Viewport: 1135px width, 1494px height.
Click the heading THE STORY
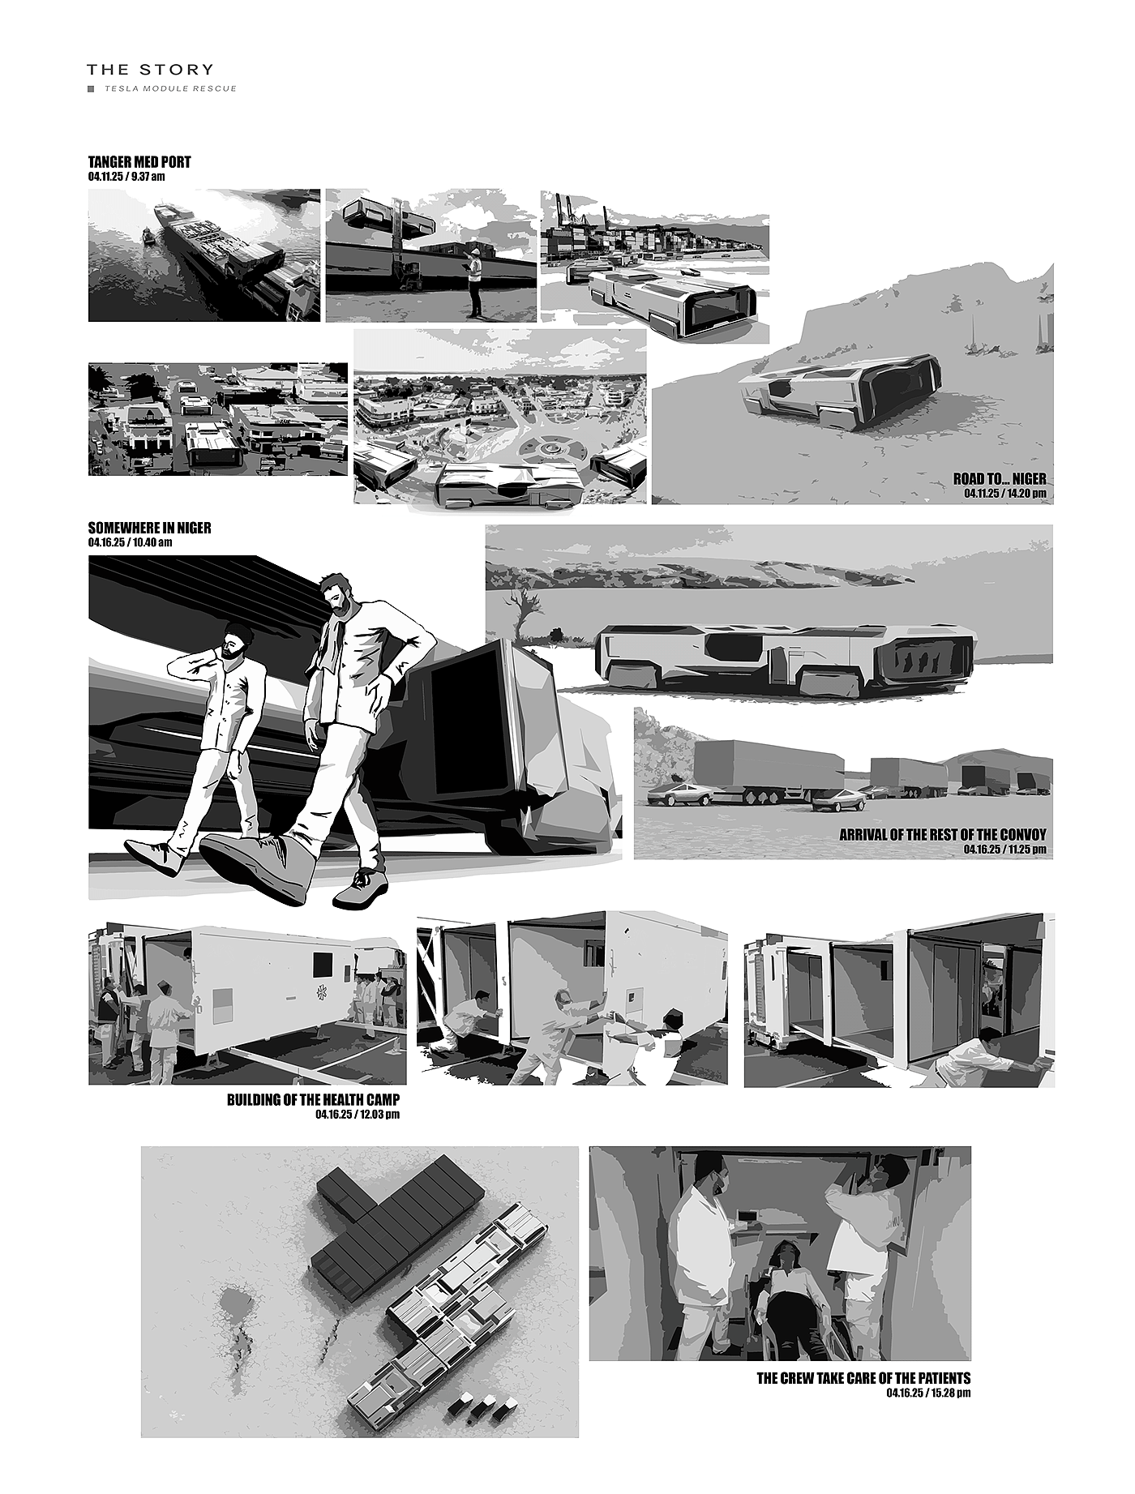[151, 70]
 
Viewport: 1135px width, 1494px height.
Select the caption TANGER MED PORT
[139, 162]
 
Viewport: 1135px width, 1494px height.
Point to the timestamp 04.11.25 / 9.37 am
[126, 175]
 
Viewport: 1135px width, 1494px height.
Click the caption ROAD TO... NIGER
[1000, 479]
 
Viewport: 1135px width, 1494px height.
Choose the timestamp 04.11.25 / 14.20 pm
[1005, 493]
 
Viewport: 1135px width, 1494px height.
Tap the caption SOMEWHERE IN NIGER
[149, 528]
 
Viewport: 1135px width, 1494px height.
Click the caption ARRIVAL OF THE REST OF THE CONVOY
[943, 834]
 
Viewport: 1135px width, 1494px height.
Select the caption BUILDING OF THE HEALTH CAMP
[313, 1100]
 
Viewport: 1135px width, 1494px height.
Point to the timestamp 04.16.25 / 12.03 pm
[358, 1115]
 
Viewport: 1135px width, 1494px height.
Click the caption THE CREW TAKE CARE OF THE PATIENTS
[863, 1378]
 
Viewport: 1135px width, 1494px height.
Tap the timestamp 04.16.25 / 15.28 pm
[928, 1393]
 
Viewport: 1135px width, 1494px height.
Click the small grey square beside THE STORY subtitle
[92, 88]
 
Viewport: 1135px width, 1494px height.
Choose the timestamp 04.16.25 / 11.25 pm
[1005, 849]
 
